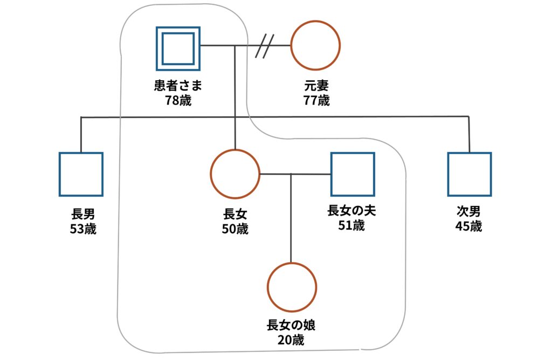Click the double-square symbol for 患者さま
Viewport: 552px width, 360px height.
(178, 49)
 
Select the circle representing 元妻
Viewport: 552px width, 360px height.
(315, 46)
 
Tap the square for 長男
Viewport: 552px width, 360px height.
(81, 174)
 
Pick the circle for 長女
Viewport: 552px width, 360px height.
(234, 174)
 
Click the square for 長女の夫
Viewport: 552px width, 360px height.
(353, 174)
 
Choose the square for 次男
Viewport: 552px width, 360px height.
(470, 174)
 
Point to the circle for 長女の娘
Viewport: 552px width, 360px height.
(292, 287)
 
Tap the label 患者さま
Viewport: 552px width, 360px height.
(178, 86)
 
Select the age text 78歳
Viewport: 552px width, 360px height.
(178, 100)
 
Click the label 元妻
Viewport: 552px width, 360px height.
(316, 86)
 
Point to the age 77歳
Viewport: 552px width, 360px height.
(316, 100)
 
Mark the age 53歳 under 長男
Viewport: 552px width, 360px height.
(82, 228)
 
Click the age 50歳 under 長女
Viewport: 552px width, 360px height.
(235, 228)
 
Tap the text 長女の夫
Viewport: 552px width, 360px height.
(351, 211)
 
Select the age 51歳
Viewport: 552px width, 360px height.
(351, 225)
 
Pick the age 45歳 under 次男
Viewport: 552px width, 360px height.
(468, 226)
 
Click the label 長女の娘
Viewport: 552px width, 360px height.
(291, 326)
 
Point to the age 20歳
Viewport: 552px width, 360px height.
(291, 340)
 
